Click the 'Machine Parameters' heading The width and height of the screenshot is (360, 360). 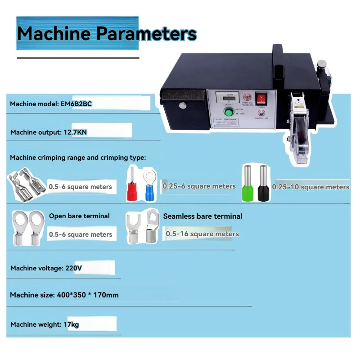pyautogui.click(x=107, y=34)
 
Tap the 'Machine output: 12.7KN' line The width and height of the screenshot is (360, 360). pyautogui.click(x=49, y=132)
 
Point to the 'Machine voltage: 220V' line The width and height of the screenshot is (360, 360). pyautogui.click(x=46, y=268)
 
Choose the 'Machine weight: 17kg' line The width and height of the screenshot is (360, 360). pyautogui.click(x=45, y=324)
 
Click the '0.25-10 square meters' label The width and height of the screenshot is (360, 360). pyautogui.click(x=310, y=187)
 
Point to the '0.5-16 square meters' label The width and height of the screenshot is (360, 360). pyautogui.click(x=202, y=234)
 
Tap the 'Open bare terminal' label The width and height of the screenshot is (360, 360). pyautogui.click(x=79, y=216)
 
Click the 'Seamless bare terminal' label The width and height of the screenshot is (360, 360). pyautogui.click(x=202, y=216)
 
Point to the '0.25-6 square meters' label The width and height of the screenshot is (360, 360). pyautogui.click(x=199, y=186)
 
